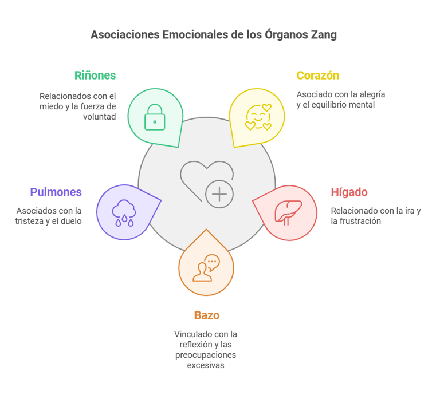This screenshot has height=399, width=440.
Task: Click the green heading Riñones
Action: coord(95,76)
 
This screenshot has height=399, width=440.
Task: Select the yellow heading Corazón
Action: coord(317,76)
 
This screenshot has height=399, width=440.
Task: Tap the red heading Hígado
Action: coord(349,192)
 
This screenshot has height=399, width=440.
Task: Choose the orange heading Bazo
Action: coord(206,315)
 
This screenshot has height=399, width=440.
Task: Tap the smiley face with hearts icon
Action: coord(258,117)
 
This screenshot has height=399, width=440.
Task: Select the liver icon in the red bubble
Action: coord(288,212)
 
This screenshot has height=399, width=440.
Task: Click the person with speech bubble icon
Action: coord(206,267)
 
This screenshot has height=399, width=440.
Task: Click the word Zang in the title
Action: coord(323,35)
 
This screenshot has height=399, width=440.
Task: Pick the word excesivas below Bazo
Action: coord(206,365)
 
